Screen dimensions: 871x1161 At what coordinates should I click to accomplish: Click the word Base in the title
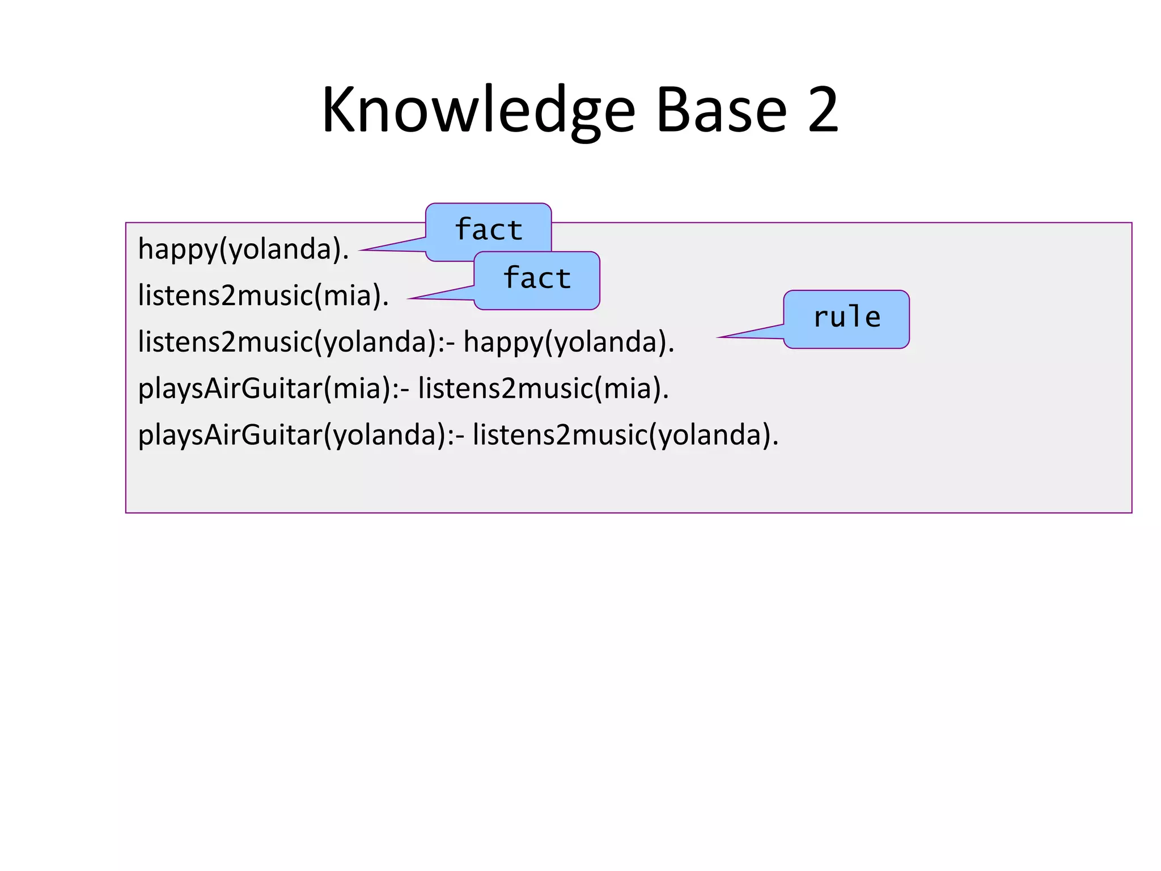point(721,111)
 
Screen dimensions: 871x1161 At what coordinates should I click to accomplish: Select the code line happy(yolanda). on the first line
point(243,250)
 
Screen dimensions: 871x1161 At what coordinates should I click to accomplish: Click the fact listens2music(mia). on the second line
point(263,296)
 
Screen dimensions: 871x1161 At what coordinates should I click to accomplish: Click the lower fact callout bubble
point(537,280)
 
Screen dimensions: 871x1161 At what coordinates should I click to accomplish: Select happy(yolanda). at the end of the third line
point(569,343)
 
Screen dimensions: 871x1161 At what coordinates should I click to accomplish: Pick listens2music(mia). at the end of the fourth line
point(543,389)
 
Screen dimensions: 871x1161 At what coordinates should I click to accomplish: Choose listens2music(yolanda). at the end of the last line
point(625,435)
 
